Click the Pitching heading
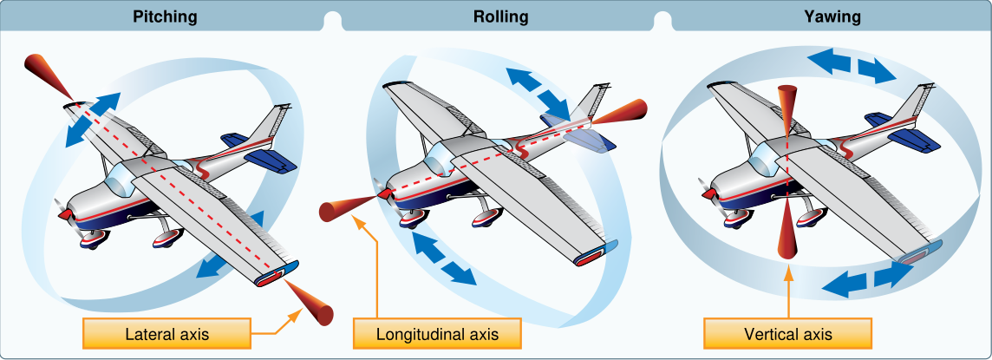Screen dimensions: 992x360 [x=165, y=17]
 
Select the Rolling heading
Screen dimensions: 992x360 [x=500, y=17]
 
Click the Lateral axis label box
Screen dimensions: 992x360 [x=166, y=333]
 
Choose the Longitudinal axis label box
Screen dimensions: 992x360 [x=437, y=333]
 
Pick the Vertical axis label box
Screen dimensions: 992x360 [x=787, y=333]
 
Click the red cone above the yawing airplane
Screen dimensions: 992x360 [x=787, y=111]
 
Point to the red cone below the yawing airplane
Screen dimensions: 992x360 [x=787, y=232]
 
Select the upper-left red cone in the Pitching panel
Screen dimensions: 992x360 [x=47, y=75]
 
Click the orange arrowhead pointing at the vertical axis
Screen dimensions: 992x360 [x=787, y=273]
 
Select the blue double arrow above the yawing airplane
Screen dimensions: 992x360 [x=852, y=67]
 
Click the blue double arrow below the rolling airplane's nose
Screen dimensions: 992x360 [x=443, y=257]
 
